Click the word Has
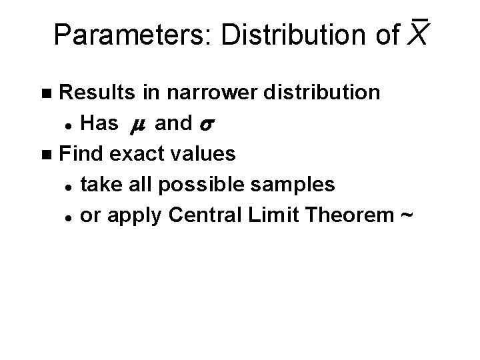coord(99,123)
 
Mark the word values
coord(206,154)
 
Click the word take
coord(101,185)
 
